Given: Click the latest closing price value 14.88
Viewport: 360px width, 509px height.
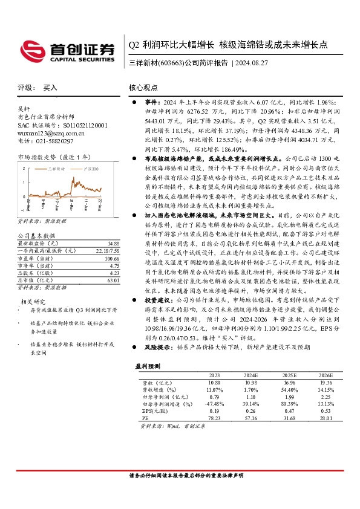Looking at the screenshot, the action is (106, 242).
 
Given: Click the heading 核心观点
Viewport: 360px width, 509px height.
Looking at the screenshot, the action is (144, 88).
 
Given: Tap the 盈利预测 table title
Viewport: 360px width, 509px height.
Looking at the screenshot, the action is (147, 366).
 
